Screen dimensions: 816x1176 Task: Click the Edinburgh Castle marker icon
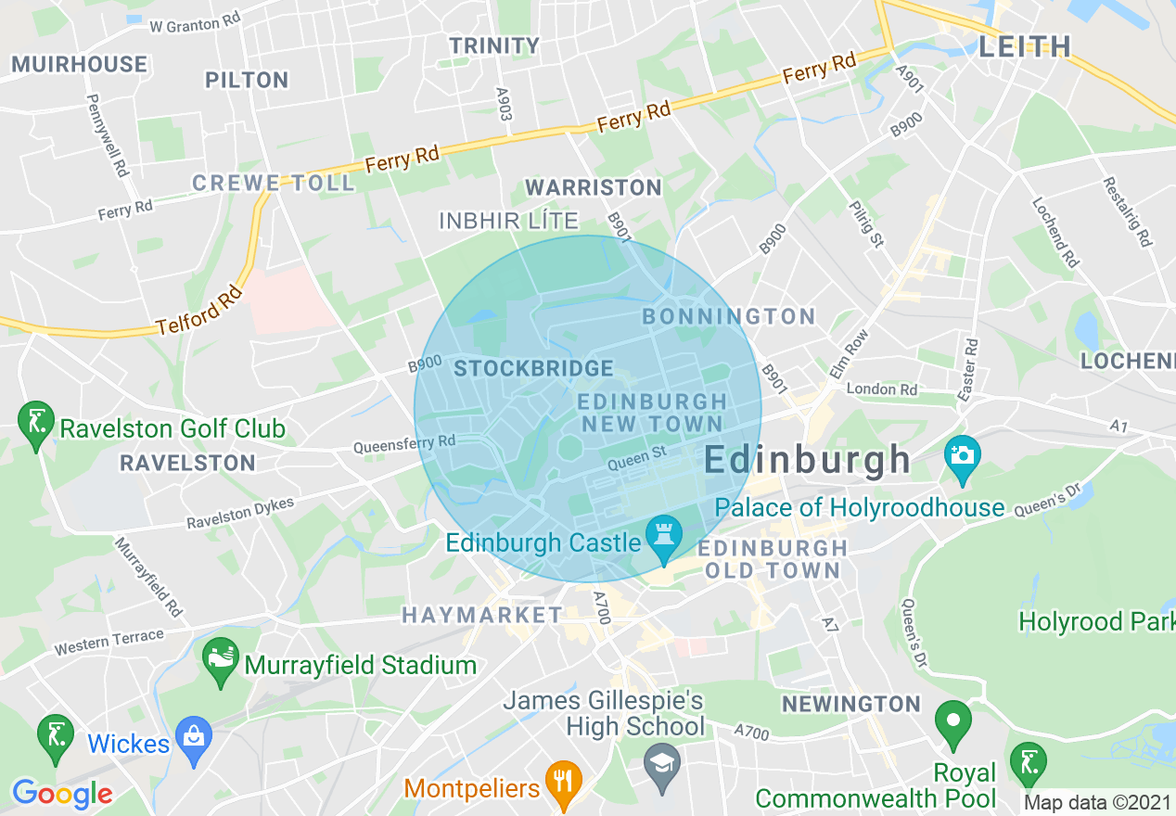pos(664,538)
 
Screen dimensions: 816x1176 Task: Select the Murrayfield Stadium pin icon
pos(221,660)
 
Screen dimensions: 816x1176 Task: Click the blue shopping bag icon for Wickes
pos(194,739)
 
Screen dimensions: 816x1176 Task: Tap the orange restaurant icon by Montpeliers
pos(561,783)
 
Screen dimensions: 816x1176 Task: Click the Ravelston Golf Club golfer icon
pos(36,424)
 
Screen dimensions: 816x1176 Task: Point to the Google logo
pos(62,794)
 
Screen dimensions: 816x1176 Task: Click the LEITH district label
pos(1025,46)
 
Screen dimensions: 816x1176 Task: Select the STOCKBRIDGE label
pos(533,368)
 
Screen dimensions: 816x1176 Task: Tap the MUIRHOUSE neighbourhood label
pos(80,64)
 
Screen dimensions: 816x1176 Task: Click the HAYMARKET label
pos(481,615)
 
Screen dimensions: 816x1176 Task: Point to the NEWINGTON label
pos(850,704)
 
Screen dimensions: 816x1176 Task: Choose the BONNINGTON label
pos(729,316)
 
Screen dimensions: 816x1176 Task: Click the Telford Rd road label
pos(199,310)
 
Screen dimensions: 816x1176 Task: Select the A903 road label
pos(504,105)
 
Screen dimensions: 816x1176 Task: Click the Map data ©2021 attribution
pos(1097,802)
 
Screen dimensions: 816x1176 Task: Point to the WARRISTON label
pos(594,187)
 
